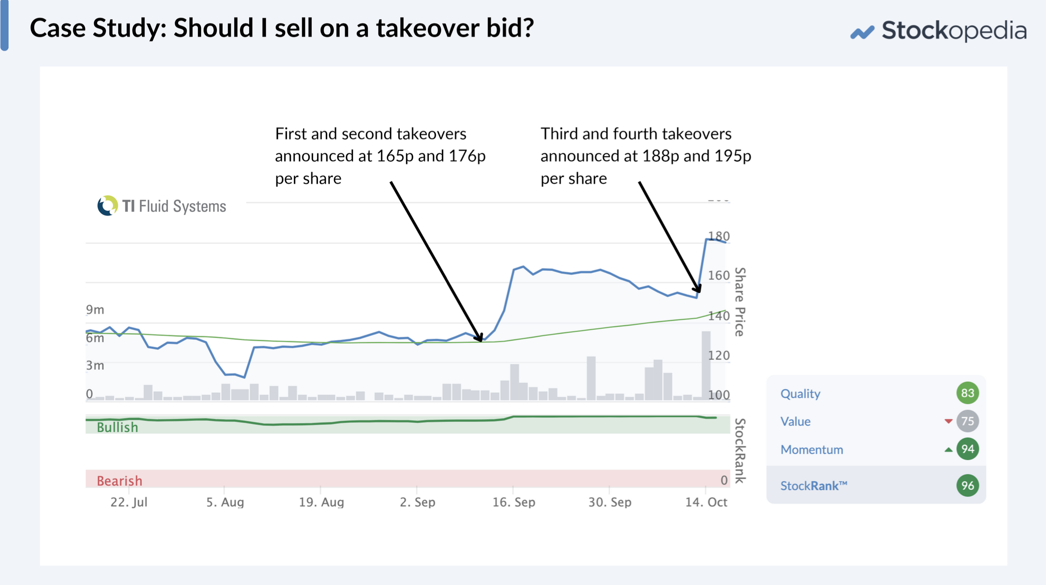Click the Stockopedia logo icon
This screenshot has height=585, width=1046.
862,32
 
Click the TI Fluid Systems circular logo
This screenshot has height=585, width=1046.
107,206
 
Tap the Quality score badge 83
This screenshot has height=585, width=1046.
967,393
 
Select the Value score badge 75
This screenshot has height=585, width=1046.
967,421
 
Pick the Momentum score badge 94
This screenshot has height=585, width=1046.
967,449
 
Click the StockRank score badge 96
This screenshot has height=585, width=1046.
967,486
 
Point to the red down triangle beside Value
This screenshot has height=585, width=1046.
948,421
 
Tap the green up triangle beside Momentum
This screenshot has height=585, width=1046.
948,450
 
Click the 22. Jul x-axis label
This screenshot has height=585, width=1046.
129,502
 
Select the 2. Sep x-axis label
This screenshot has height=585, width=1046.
417,502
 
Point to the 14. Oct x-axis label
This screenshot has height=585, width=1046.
706,502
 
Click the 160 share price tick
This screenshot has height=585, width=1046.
719,275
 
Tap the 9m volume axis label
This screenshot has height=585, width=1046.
95,310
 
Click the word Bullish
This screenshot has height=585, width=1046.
117,427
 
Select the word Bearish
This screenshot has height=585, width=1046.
120,481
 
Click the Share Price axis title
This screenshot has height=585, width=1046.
740,302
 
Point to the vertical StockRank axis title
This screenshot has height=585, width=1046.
740,451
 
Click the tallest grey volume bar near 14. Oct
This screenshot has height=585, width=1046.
706,366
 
